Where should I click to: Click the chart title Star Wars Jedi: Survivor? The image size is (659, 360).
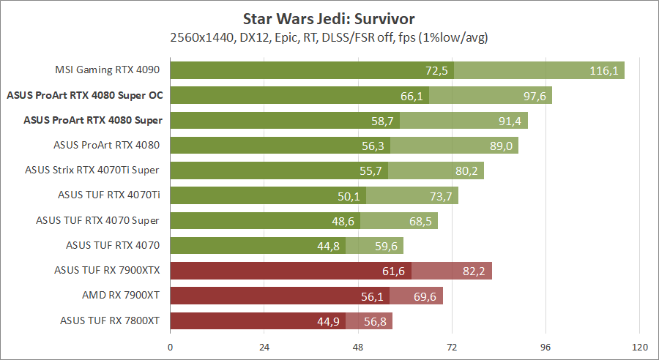coord(329,17)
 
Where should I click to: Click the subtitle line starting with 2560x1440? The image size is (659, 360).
coord(329,37)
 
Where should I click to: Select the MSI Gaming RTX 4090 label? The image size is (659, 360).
coord(108,70)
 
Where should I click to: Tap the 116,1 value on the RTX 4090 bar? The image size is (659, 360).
coord(605,70)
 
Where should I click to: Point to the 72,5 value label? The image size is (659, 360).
coord(436,70)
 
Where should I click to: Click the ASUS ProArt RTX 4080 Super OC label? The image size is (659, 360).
coord(84,95)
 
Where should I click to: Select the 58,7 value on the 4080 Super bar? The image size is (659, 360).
coord(382,120)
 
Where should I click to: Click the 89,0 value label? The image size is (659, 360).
coord(501,146)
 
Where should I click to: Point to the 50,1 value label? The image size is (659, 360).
coord(349,195)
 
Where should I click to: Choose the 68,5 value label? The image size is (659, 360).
coord(420,220)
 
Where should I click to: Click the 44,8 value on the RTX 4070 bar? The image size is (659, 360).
coord(328,245)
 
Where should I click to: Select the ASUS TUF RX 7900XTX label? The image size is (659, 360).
coord(107,270)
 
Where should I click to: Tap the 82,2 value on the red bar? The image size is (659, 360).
coord(474,271)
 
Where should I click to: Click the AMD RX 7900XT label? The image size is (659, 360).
coord(121,295)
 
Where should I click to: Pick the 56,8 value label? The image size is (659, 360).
coord(375,320)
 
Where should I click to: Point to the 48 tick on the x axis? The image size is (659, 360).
coord(358,346)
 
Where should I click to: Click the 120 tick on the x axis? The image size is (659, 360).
coord(639,346)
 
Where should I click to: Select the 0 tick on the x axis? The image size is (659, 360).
coord(171,346)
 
